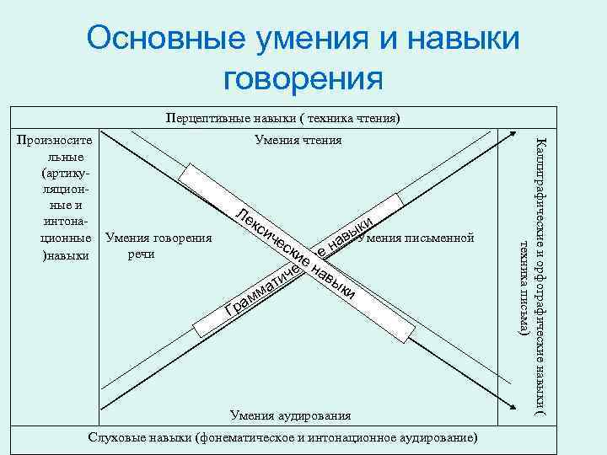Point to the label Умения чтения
(x=298, y=140)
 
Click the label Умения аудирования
(x=290, y=415)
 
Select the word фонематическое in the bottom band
(x=261, y=437)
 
